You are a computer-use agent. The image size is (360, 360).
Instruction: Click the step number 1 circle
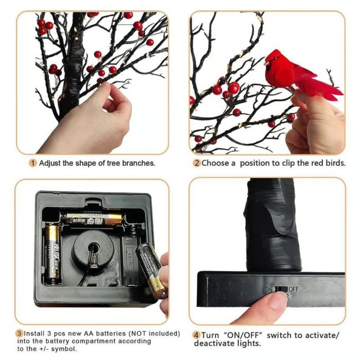point(33,163)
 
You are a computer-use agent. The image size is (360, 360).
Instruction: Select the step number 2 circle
point(196,163)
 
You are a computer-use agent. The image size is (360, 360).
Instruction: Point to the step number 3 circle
point(19,334)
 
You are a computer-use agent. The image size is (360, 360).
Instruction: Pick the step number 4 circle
point(196,335)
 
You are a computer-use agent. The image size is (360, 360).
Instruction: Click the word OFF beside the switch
point(294,289)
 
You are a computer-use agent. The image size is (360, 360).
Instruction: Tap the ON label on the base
point(269,289)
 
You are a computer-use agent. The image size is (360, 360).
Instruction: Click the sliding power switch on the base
point(281,289)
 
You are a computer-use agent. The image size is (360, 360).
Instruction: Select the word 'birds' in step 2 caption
point(335,163)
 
